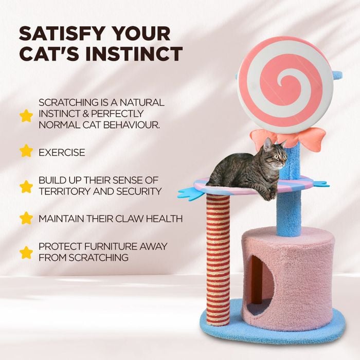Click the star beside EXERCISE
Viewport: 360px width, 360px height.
[x=26, y=151]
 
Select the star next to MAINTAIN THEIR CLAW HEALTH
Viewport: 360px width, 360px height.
[x=26, y=218]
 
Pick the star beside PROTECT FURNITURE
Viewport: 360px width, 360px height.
[x=26, y=252]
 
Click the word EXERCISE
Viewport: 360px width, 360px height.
[x=62, y=152]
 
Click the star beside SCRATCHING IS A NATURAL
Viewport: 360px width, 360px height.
[x=26, y=115]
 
